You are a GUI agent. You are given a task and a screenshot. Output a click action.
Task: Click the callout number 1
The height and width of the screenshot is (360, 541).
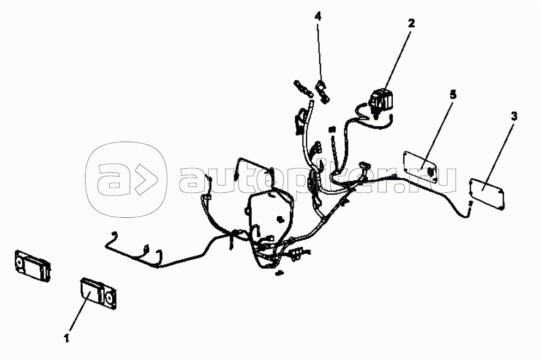(66, 338)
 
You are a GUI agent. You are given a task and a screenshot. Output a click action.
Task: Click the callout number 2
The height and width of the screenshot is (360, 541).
(411, 23)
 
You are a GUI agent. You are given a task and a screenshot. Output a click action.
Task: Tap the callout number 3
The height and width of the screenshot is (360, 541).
(514, 116)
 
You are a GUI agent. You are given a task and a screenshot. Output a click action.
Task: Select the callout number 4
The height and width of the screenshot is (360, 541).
(318, 16)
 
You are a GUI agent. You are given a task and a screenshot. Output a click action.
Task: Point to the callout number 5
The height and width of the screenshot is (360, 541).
(453, 94)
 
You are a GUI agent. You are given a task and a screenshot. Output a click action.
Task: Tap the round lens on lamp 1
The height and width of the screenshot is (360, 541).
(108, 298)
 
